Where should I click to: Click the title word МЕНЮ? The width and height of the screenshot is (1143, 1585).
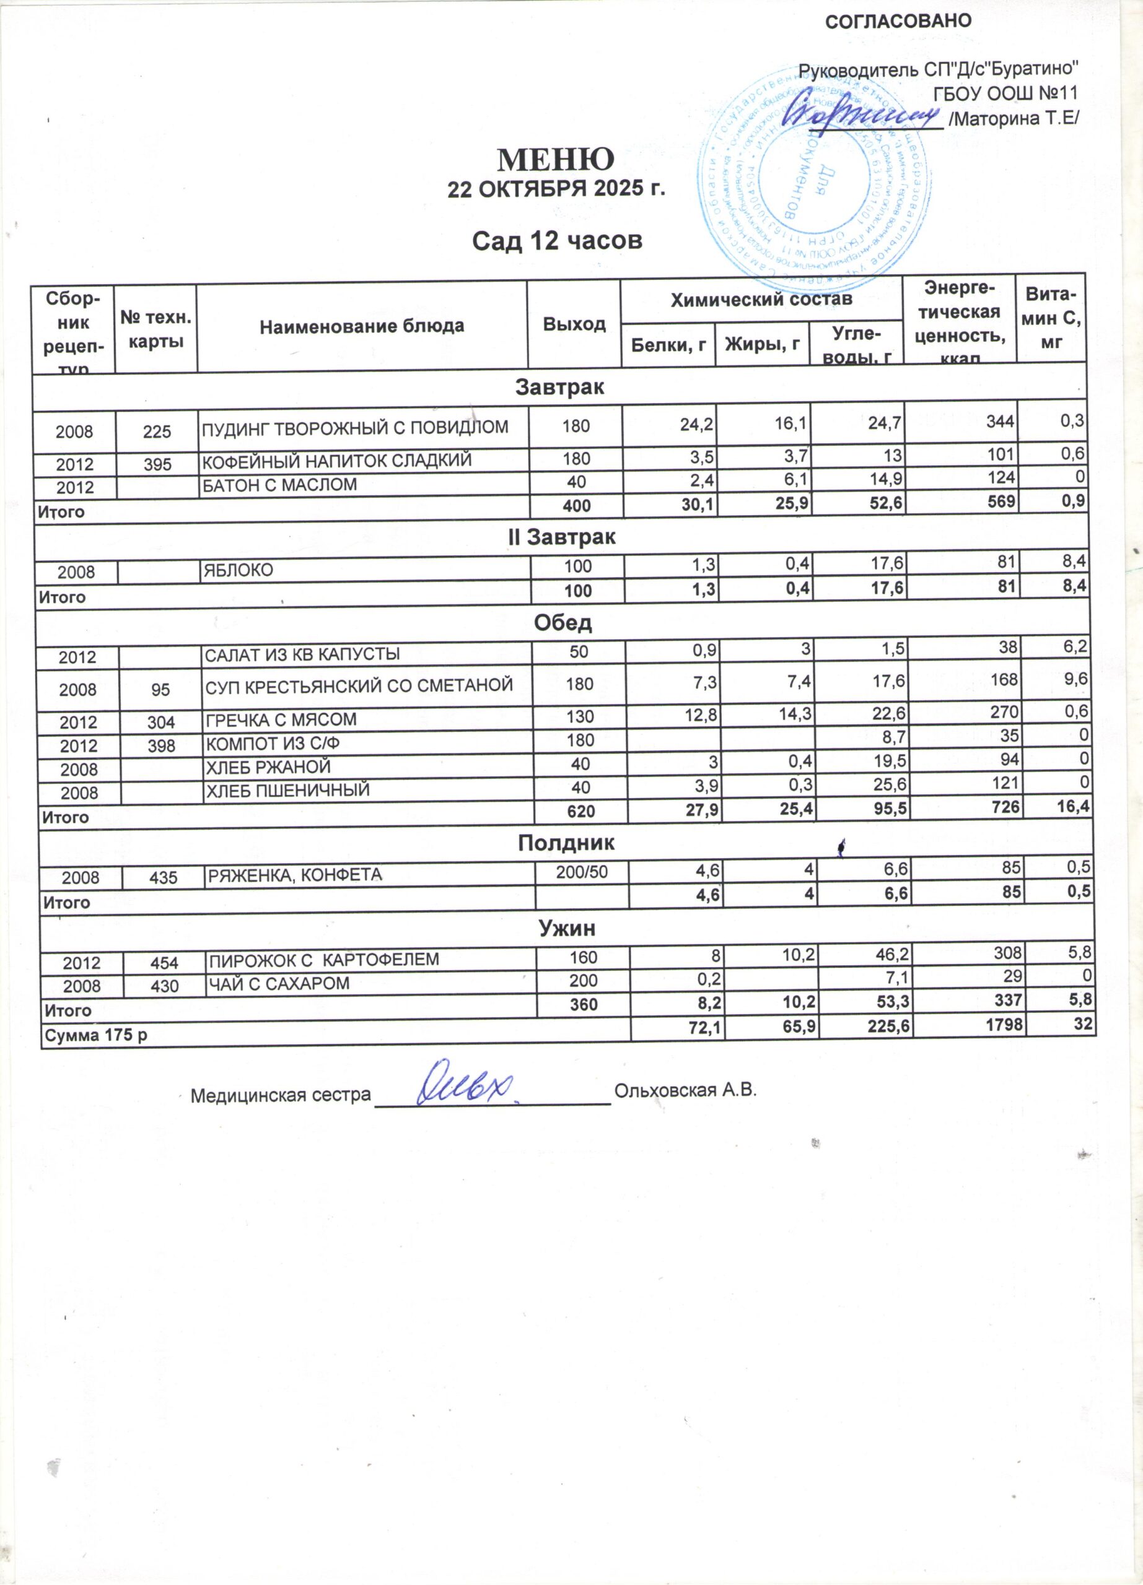[556, 160]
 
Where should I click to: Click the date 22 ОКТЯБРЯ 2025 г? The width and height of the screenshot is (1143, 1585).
[556, 189]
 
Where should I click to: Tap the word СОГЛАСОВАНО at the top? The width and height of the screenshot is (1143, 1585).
[898, 22]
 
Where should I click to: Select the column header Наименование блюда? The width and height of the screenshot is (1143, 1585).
[361, 326]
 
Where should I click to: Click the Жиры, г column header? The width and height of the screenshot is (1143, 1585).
[762, 343]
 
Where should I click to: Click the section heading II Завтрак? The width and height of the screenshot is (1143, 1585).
[561, 537]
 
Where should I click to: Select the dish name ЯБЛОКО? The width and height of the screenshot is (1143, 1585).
[238, 570]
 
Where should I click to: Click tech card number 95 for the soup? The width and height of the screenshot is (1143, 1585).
[161, 689]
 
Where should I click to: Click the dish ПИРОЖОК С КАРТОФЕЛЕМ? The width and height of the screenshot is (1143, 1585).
[325, 959]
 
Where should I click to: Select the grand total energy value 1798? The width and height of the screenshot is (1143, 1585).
[1003, 1025]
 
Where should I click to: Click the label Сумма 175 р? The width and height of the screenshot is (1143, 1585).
[96, 1035]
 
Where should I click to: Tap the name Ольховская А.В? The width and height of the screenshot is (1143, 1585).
[685, 1090]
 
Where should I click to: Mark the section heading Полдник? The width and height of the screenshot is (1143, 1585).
[566, 843]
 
